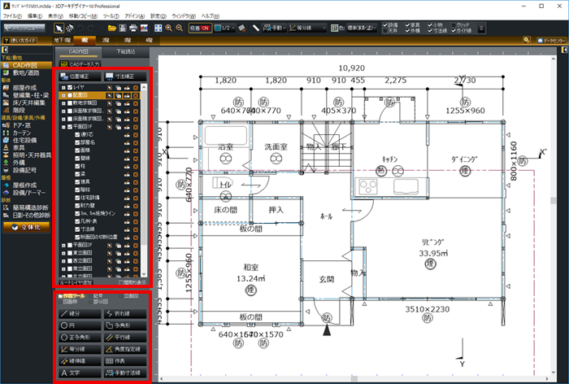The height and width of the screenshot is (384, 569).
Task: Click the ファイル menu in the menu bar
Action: [x=12, y=15]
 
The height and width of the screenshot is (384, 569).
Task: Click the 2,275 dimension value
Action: [x=396, y=81]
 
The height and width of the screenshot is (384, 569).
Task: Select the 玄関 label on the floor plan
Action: [x=326, y=279]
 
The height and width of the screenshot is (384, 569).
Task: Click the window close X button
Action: [x=558, y=6]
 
